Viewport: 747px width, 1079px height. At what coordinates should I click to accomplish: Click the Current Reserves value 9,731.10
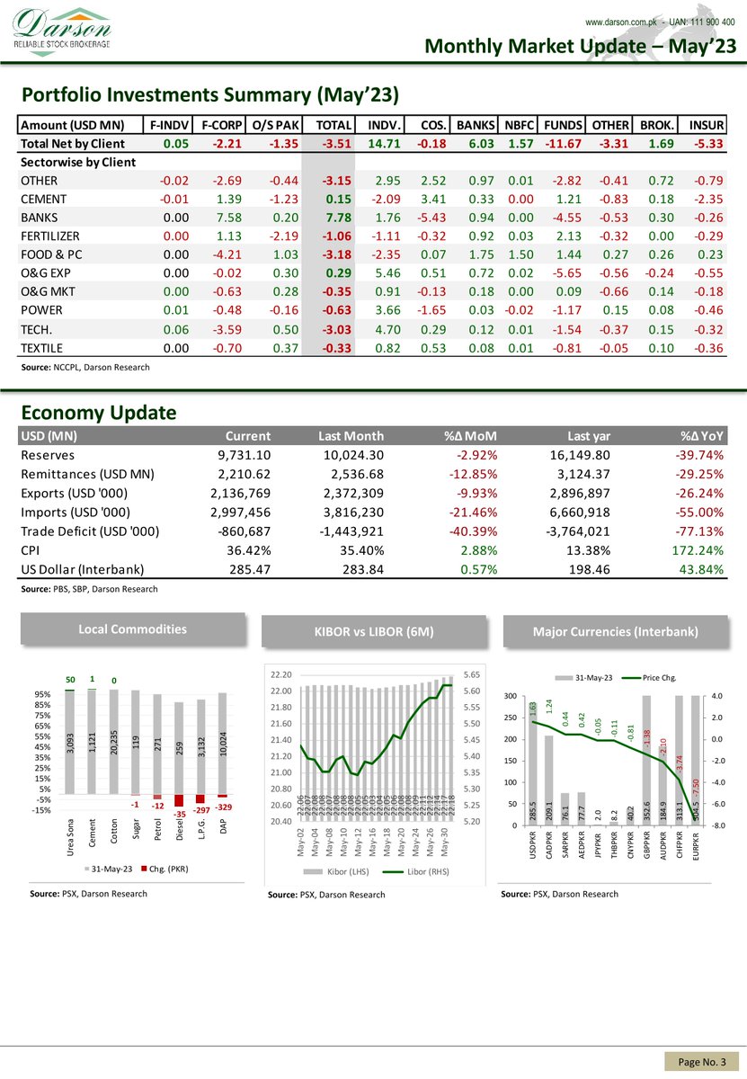[240, 455]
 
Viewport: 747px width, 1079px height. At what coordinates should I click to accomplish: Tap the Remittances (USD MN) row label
[87, 474]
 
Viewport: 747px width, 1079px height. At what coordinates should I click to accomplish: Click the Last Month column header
[351, 436]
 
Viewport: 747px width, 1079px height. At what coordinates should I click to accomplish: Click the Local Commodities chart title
[133, 629]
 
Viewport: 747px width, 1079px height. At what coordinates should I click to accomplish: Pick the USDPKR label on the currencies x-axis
[534, 851]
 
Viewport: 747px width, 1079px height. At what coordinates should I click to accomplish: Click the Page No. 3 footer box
[701, 1063]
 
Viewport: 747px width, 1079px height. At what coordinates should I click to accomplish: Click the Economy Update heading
[99, 413]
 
